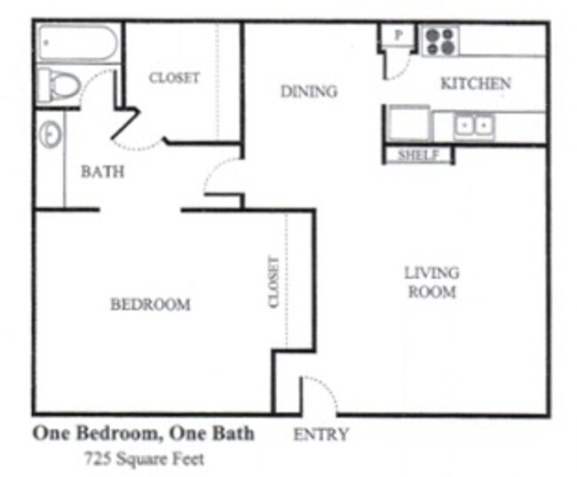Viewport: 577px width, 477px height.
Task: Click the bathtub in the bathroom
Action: (x=78, y=43)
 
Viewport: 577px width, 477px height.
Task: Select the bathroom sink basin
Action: (x=51, y=135)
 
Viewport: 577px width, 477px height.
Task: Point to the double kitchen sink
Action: (x=474, y=126)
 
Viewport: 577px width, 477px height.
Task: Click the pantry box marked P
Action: (x=399, y=36)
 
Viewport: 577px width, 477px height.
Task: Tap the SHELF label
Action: (x=418, y=155)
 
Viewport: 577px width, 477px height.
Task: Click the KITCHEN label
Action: (x=476, y=83)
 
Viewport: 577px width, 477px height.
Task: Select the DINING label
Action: (x=308, y=91)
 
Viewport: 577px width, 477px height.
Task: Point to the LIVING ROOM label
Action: (x=431, y=282)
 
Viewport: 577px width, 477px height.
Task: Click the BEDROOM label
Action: (x=150, y=305)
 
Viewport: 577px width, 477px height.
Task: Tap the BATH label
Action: (x=102, y=171)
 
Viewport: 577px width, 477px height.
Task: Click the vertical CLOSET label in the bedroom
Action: (x=273, y=282)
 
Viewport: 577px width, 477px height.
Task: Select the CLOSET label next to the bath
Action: (x=174, y=77)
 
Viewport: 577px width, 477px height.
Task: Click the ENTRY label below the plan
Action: (x=320, y=434)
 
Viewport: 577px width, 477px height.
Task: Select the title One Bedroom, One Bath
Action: (x=144, y=433)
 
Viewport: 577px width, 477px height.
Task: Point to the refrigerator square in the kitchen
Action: (x=407, y=123)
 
